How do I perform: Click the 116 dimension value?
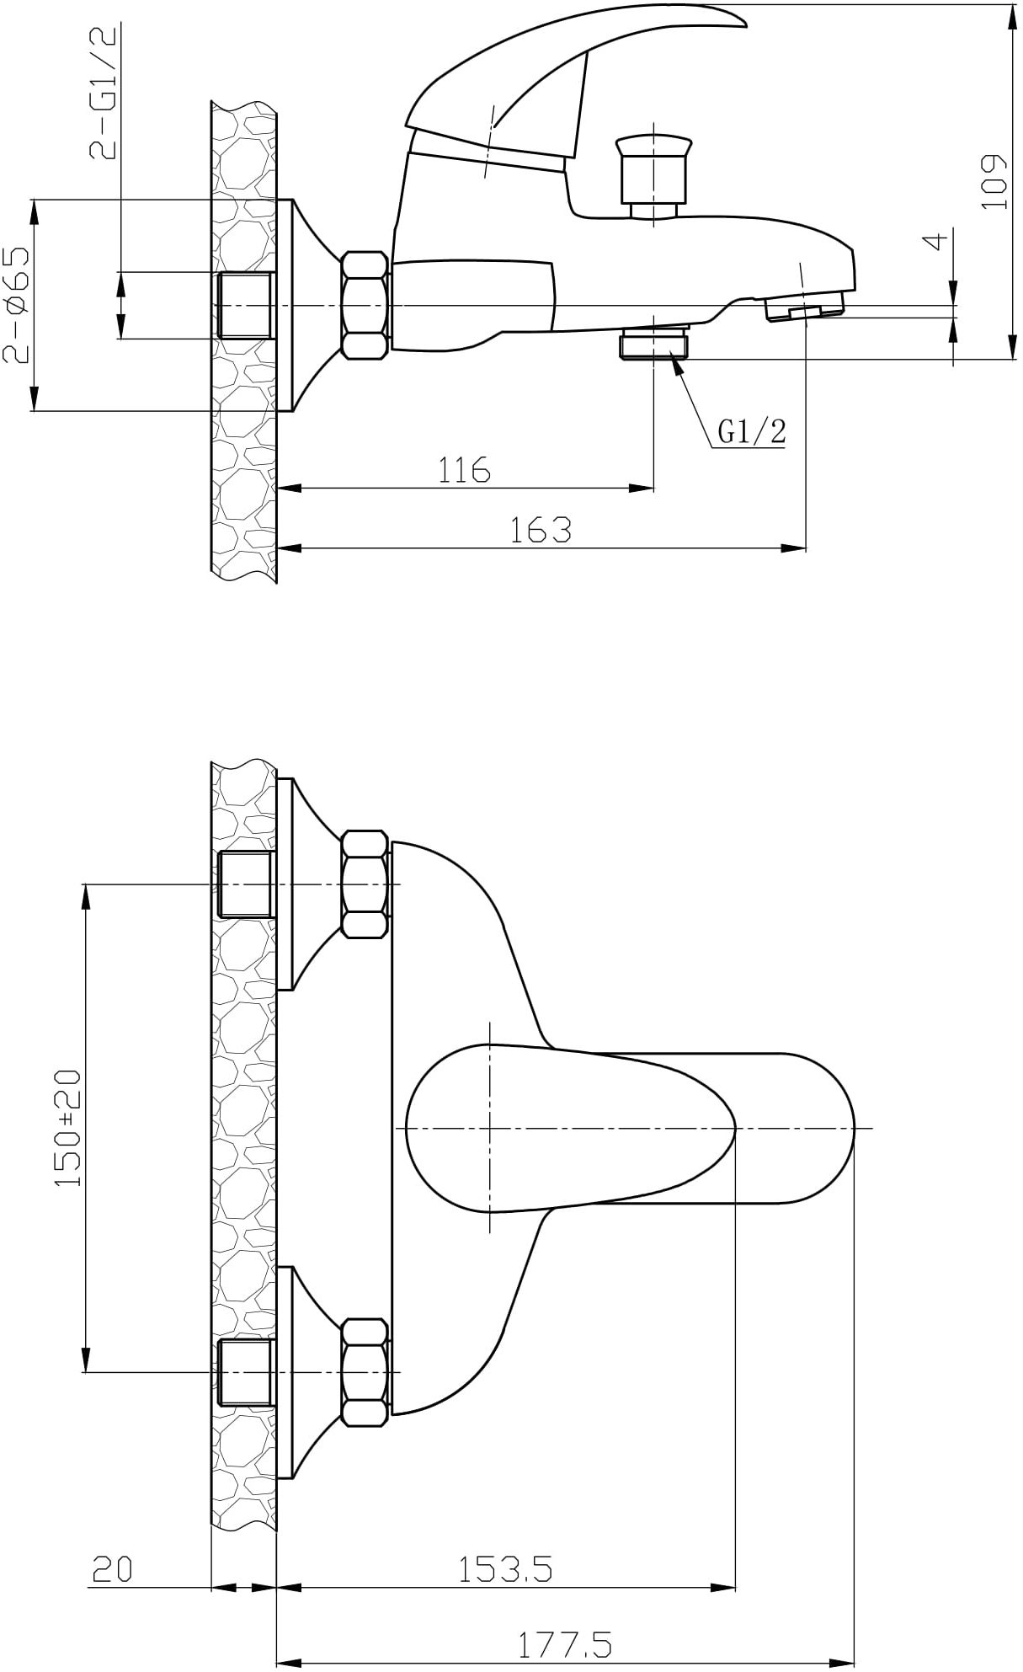464,469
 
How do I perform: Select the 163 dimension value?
541,530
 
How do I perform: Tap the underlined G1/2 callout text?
751,432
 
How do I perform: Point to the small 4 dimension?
935,242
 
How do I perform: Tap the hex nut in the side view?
366,305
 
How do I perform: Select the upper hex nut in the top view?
366,884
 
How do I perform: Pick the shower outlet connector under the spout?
654,345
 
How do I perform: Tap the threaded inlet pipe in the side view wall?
247,305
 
